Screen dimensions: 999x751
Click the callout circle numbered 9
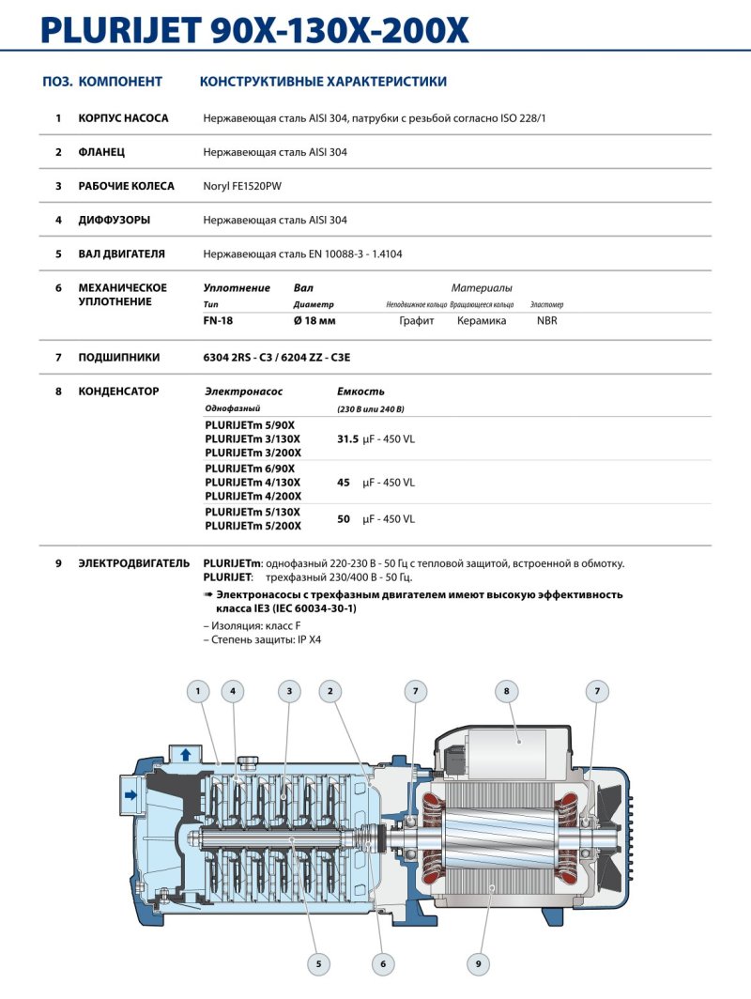point(478,963)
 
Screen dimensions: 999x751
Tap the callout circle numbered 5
point(318,963)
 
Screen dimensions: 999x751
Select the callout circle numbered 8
point(506,692)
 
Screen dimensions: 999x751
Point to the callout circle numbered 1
point(198,692)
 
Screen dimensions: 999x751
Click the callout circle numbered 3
point(290,692)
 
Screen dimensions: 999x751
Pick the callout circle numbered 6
point(382,963)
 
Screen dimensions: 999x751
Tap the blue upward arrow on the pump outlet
point(185,753)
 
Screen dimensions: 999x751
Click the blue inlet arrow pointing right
point(130,794)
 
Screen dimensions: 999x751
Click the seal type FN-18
point(218,321)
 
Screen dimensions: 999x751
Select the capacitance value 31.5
point(347,438)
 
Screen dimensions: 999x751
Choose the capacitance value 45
point(344,483)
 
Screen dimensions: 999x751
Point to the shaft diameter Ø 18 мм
point(314,321)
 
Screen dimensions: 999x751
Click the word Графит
point(417,321)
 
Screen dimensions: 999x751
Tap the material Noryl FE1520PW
point(242,186)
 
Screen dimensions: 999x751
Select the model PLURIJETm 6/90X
point(250,469)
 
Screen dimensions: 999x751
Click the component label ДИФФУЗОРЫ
point(115,220)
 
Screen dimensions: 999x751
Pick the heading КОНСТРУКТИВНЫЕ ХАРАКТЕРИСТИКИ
point(323,82)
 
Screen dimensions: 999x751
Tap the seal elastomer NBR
point(546,321)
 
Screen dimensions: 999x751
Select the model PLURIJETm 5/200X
point(253,526)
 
